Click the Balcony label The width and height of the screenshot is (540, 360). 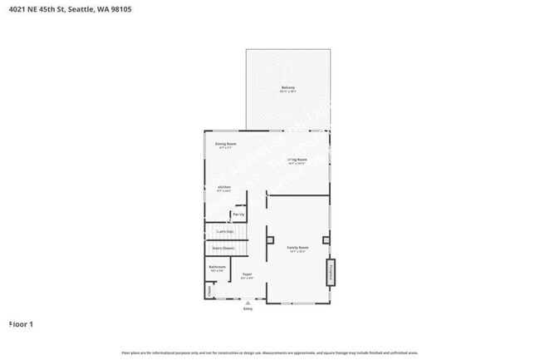pos(288,87)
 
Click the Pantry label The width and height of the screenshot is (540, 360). pos(238,215)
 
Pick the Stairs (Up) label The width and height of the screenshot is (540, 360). pos(224,231)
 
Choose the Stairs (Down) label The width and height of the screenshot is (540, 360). pos(223,248)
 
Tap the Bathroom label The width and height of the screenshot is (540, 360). pos(217,268)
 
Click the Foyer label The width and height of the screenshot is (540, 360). pos(247,275)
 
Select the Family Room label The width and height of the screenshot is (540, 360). pos(297,249)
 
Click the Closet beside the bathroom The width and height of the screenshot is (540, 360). pos(209,289)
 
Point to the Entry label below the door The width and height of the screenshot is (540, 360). pos(247,308)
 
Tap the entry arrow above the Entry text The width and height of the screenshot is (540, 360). pos(247,303)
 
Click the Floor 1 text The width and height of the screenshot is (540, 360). pos(21,323)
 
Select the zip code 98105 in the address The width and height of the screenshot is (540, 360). pos(120,9)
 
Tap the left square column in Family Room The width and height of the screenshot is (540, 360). pos(270,240)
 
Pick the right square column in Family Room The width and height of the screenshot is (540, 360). pos(326,240)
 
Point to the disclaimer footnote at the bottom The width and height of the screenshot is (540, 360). pos(270,353)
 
